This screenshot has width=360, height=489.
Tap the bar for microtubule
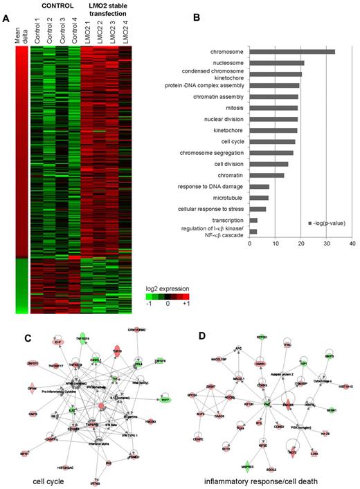coord(259,197)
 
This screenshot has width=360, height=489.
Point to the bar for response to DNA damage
coord(260,186)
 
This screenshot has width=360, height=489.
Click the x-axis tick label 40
coord(352,243)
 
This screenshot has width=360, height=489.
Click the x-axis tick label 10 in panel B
coord(276,243)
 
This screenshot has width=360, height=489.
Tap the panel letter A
coord(6,19)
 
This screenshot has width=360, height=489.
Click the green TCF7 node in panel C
coord(164,400)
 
